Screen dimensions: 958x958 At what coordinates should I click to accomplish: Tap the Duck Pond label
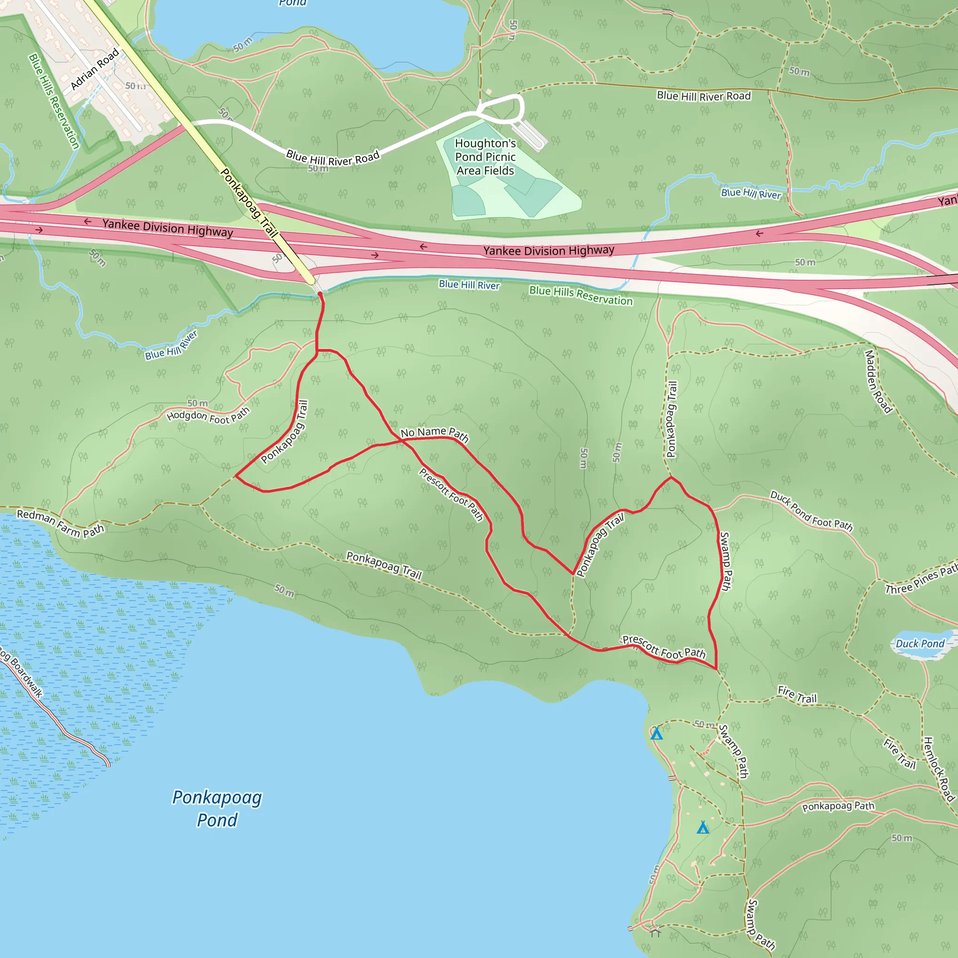920,644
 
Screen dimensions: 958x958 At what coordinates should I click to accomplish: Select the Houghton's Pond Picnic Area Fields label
486,157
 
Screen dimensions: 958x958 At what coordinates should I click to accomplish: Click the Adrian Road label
94,69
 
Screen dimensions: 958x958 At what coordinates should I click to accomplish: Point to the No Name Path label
435,434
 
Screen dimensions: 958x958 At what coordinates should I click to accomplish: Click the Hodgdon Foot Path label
208,415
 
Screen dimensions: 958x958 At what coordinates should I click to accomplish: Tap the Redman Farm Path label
60,523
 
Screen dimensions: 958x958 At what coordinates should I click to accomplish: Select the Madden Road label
878,382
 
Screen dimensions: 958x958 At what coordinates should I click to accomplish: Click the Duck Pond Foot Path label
811,511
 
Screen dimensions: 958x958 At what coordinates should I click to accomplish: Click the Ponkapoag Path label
838,806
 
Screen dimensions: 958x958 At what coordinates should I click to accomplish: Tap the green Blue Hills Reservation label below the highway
581,296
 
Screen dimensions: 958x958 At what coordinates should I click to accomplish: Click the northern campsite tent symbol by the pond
656,733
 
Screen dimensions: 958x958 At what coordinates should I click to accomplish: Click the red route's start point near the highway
320,295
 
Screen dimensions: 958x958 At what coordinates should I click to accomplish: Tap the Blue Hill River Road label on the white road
333,158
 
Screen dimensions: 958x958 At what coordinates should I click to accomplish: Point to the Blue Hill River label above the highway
751,193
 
